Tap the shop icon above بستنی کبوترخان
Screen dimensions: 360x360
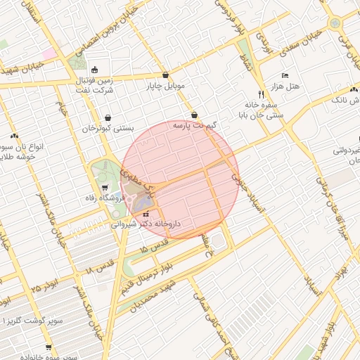pos(108,118)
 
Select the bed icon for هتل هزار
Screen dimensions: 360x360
pos(285,75)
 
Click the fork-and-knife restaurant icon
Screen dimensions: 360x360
pos(261,93)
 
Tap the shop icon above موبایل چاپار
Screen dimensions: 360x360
pos(165,75)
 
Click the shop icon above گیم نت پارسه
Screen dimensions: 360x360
pos(194,115)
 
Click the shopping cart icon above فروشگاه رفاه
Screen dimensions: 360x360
pos(105,187)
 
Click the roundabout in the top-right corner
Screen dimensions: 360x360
pos(335,22)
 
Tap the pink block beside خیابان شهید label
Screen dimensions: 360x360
pos(49,53)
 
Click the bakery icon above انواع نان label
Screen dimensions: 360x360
pos(14,136)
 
